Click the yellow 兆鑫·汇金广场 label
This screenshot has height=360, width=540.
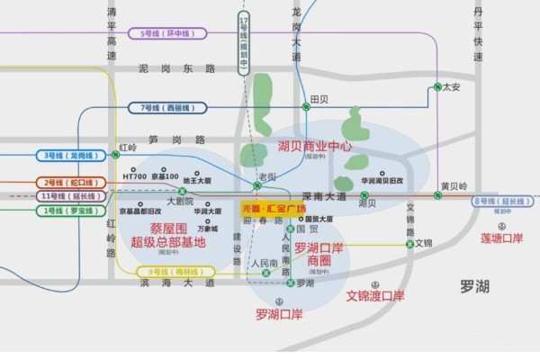pyautogui.click(x=274, y=207)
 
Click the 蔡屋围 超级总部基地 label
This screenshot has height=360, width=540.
pyautogui.click(x=167, y=235)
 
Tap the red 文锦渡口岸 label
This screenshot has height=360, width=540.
pyautogui.click(x=375, y=295)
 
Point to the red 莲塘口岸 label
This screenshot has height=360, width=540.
pyautogui.click(x=501, y=238)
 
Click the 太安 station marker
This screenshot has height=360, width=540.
pyautogui.click(x=436, y=87)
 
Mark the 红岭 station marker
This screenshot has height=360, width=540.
pyautogui.click(x=116, y=154)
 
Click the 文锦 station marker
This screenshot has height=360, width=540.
pyautogui.click(x=409, y=243)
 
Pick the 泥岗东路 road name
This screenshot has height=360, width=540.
pyautogui.click(x=178, y=68)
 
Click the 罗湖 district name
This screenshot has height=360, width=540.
pyautogui.click(x=473, y=286)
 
